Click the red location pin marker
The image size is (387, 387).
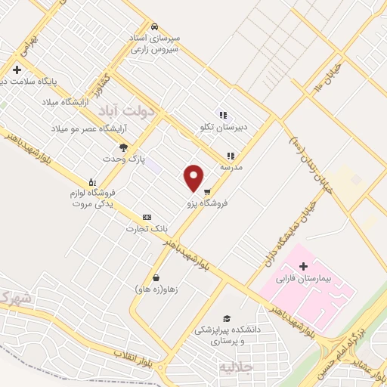click(x=193, y=178)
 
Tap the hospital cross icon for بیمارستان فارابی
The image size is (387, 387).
click(x=304, y=266)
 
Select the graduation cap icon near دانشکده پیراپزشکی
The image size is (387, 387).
click(x=226, y=318)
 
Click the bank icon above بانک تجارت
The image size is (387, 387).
click(x=147, y=217)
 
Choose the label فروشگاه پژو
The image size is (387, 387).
click(x=208, y=204)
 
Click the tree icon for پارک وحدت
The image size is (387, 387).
click(x=124, y=147)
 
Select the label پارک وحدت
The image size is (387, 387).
click(x=123, y=159)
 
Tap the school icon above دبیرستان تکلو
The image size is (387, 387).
click(x=222, y=114)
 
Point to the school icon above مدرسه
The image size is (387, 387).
click(x=231, y=155)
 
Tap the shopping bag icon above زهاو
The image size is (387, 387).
click(x=155, y=277)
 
